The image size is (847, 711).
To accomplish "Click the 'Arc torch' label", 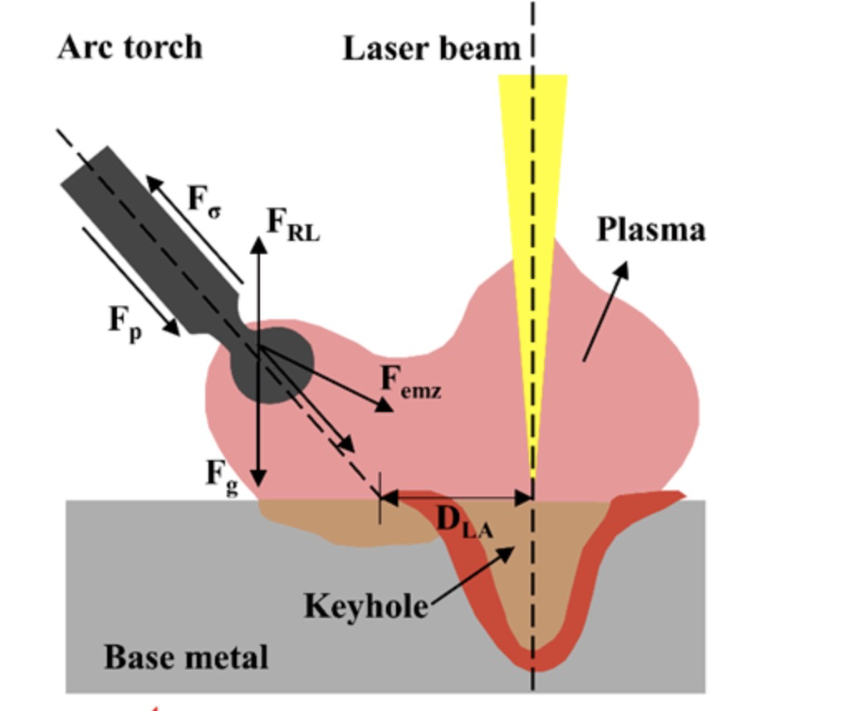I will [130, 47].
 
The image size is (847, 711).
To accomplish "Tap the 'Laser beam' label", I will [431, 48].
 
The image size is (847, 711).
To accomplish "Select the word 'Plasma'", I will [651, 229].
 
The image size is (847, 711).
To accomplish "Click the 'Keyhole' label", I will [365, 606].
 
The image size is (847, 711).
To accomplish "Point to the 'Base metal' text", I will [186, 657].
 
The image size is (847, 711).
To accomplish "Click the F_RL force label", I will [292, 224].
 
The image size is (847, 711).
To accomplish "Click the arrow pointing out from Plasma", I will [606, 311].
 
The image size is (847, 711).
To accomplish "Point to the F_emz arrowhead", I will [384, 405].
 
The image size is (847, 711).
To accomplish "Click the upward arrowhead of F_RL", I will [259, 244].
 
